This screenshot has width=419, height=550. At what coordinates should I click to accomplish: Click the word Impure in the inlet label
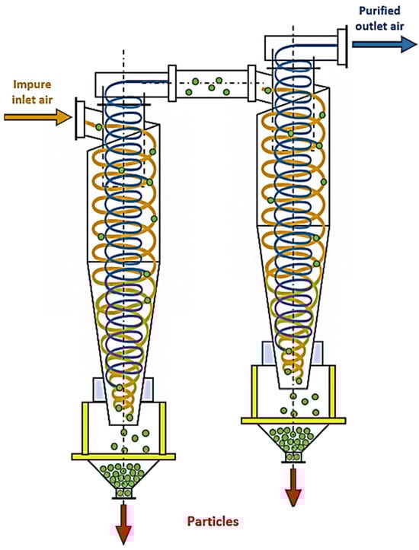(32, 85)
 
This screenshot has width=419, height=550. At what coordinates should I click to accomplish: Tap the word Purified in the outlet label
(379, 11)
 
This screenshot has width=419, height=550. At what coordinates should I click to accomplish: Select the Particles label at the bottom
(213, 521)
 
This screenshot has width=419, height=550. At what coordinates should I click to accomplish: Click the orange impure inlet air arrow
(37, 117)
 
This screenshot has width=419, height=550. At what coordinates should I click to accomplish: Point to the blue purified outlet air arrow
(385, 44)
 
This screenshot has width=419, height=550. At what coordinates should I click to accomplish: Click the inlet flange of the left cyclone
(81, 119)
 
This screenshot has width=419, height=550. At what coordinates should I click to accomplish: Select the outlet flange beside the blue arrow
(342, 47)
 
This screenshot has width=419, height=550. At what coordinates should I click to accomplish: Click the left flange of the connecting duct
(172, 84)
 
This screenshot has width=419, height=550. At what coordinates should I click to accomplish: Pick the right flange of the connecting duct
(252, 84)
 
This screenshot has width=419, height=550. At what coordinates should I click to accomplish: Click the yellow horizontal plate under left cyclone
(123, 456)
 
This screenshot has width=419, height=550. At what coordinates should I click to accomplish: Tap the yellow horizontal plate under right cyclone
(293, 421)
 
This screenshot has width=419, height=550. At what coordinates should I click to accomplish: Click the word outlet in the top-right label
(370, 27)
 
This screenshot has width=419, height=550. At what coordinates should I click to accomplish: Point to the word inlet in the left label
(23, 99)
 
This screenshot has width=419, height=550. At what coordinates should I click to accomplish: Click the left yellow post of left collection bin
(85, 428)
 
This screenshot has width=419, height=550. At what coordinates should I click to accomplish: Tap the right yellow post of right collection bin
(332, 392)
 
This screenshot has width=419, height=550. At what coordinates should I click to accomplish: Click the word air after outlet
(396, 27)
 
